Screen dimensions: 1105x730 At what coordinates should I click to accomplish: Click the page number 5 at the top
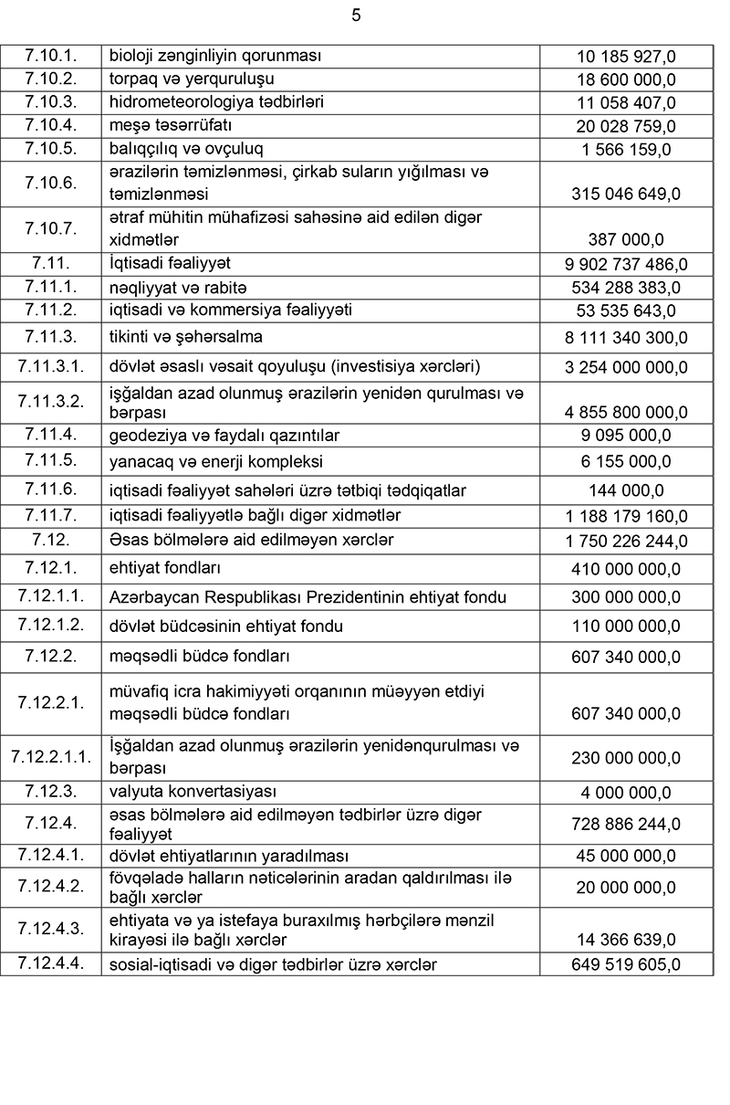coord(356,16)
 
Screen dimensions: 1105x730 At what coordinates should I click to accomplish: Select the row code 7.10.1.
coord(50,56)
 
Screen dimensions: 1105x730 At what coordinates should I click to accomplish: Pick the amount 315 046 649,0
coord(626,194)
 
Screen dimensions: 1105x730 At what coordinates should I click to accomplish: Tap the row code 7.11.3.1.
coord(50,366)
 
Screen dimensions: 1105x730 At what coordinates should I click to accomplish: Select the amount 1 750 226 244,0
coord(626,541)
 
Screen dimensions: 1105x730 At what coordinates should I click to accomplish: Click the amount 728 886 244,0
coord(626,824)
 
